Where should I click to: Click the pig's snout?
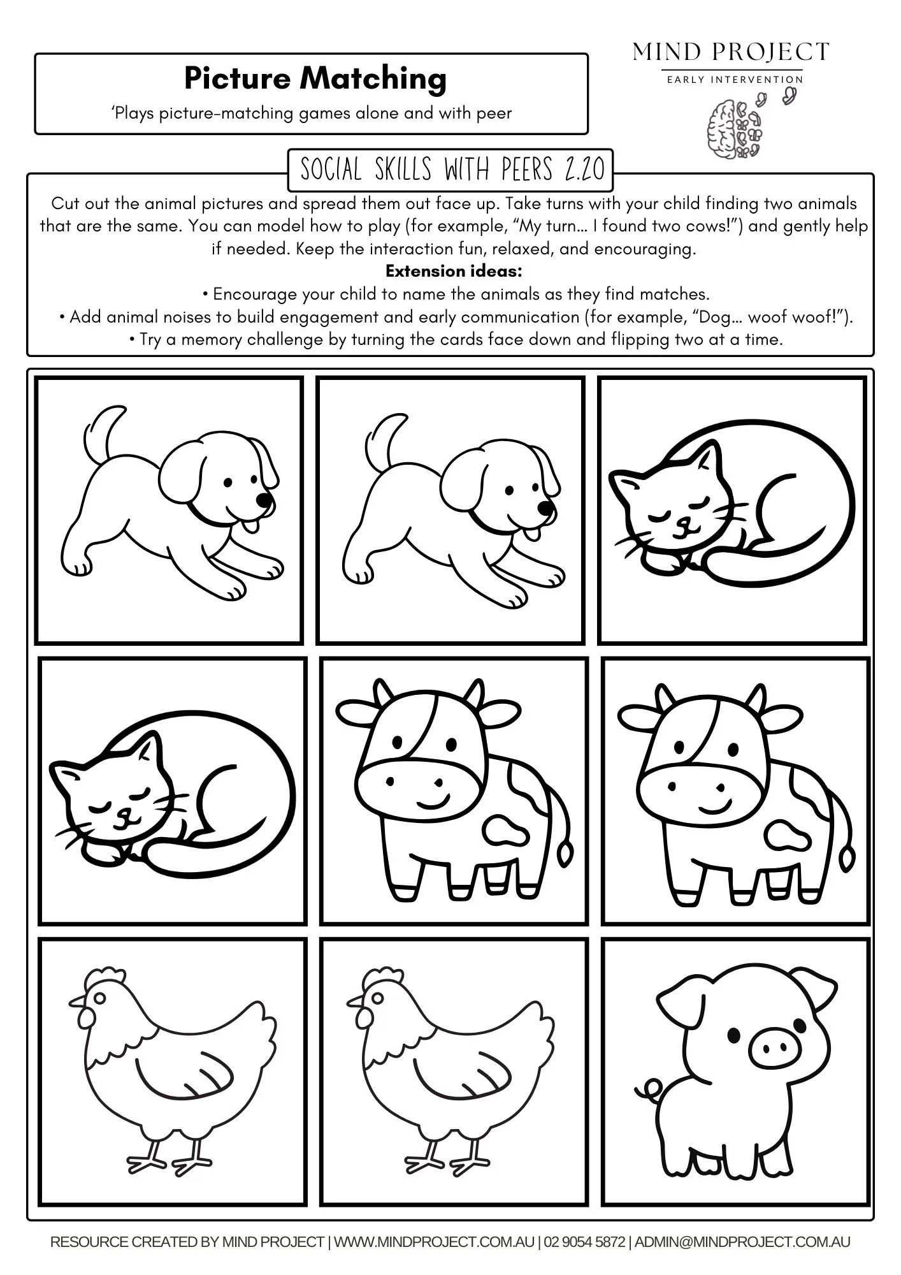772,1048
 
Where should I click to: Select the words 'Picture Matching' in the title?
315,79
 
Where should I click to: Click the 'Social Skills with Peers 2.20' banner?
450,170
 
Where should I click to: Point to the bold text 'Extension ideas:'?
453,271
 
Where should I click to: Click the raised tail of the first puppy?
101,428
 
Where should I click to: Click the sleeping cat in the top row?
733,510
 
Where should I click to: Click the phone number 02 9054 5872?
585,1241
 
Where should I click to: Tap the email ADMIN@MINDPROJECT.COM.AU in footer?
742,1241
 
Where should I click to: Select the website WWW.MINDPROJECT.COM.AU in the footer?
434,1241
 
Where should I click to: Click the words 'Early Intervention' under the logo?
735,80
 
